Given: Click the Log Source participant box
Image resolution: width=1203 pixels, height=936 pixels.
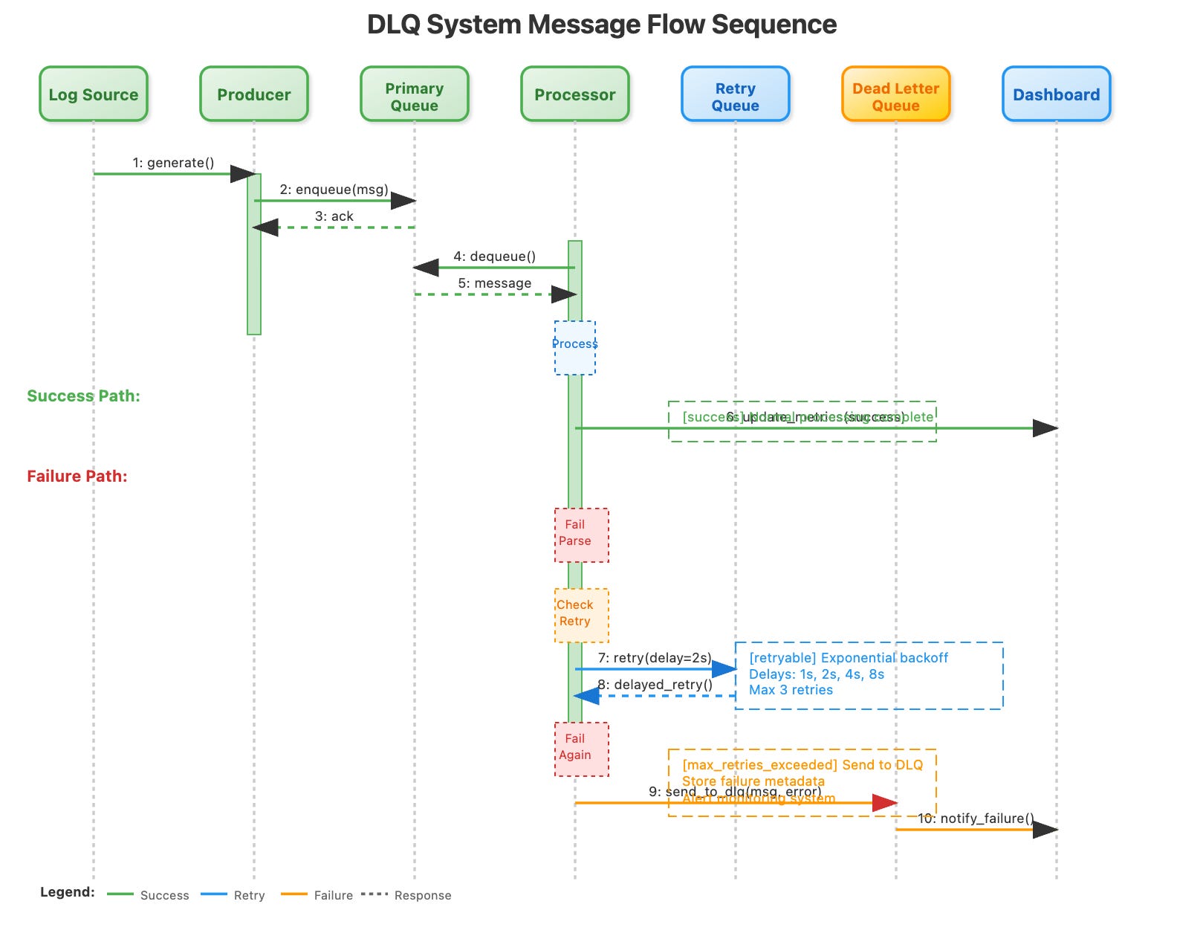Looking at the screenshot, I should [94, 94].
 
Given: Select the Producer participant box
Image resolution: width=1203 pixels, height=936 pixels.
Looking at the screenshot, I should [254, 94].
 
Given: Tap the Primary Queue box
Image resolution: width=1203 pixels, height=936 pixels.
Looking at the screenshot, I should [415, 94].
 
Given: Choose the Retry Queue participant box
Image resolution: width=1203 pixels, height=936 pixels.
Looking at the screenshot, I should [736, 94].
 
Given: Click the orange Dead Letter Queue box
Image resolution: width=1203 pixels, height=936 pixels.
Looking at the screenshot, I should [896, 94].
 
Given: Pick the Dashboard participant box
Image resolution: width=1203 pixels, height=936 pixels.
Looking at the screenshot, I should [1056, 94].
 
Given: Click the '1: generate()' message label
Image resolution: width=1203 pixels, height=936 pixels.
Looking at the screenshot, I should [173, 163].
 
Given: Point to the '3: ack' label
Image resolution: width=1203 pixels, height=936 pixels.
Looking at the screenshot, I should [334, 216].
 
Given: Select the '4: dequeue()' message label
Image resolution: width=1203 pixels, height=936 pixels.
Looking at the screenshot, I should [494, 256].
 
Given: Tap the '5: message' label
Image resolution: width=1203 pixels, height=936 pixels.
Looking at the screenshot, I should [494, 283].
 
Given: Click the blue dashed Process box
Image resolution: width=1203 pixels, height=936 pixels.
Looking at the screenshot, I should [575, 348].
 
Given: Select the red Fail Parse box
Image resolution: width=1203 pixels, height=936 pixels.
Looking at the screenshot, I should [581, 535].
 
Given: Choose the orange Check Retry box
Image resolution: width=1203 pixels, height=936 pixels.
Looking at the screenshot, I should [581, 616].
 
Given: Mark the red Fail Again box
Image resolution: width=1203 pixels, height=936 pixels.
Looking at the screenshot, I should [581, 749].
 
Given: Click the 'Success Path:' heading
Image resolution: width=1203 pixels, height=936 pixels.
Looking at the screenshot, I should [83, 396].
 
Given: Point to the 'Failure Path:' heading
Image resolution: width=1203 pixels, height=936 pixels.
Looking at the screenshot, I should [77, 477].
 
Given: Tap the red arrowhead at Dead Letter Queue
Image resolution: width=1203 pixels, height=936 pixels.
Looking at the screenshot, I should [885, 803].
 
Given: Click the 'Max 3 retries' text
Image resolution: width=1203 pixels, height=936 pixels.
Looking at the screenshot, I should [791, 690].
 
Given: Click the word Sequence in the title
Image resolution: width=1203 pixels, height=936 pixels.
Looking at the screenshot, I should [774, 25].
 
